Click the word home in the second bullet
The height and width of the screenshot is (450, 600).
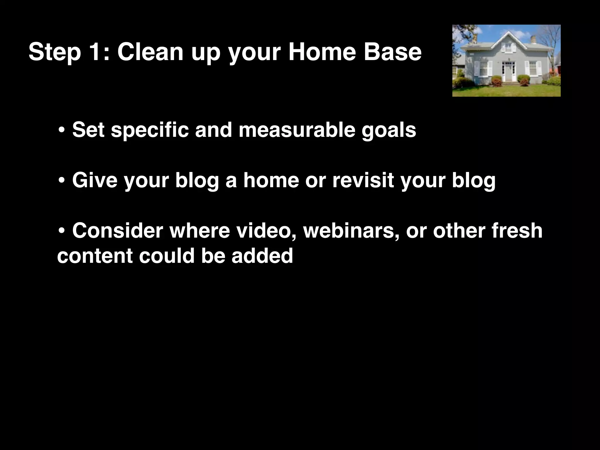[271, 180]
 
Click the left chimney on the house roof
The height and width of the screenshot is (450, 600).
[475, 39]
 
